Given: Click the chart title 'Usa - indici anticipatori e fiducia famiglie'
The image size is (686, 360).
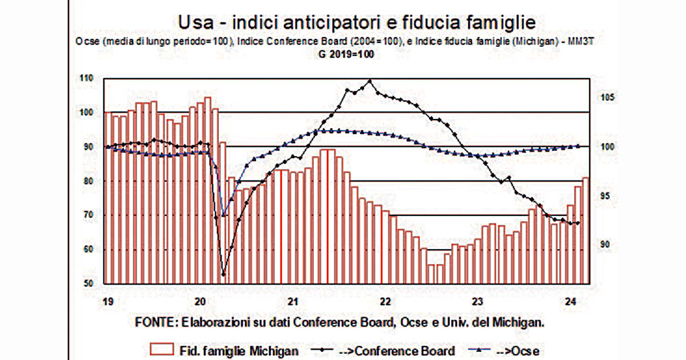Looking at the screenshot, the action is tap(357, 23).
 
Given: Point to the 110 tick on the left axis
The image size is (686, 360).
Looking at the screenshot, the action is tap(86, 78).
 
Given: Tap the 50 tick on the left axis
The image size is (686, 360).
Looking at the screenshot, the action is tap(87, 283).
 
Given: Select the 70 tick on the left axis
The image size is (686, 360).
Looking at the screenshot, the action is tap(87, 215).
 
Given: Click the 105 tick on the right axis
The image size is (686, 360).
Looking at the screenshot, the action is tap(608, 97).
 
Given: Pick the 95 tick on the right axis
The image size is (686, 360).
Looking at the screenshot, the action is tap(605, 195).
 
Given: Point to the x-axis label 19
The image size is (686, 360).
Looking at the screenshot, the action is tap(108, 302).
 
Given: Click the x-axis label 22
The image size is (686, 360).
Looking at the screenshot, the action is tap(385, 302).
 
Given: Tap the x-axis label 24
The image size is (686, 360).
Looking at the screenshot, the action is tap(571, 302).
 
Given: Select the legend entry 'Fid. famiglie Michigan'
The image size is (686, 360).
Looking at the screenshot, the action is tap(224, 350).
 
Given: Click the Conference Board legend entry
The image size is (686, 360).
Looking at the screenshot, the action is tap(383, 351).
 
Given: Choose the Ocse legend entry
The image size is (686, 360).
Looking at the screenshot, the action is tap(504, 351).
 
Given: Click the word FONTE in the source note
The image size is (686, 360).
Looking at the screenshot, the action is tap(155, 322).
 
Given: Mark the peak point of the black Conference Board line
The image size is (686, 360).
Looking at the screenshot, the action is tap(370, 81).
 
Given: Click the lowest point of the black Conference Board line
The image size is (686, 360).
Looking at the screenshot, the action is tap(224, 274).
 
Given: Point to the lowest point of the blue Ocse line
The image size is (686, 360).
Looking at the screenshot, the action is tap(224, 215).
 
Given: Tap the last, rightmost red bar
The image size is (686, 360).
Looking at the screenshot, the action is tap(585, 230).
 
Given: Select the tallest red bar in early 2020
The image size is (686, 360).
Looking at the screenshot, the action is tap(208, 190).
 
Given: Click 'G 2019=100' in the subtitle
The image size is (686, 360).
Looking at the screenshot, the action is tap(346, 54).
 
